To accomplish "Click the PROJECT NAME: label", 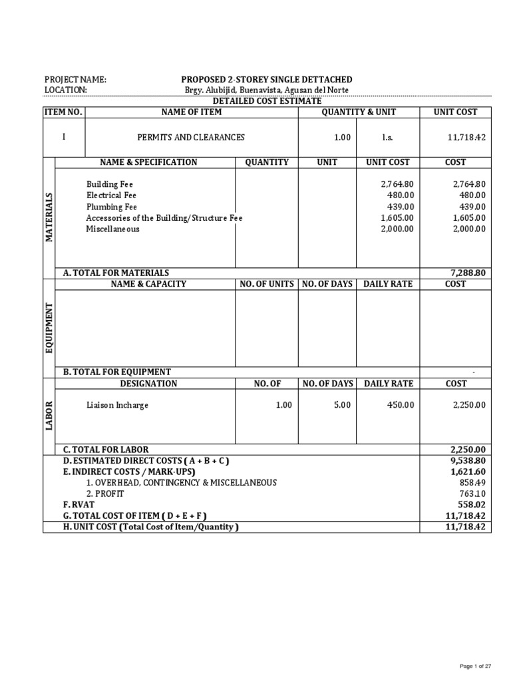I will [x=75, y=80].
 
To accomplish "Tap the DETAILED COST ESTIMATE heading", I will [x=266, y=101].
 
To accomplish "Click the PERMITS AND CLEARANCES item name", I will [x=191, y=138].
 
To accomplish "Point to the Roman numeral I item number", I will [x=64, y=137].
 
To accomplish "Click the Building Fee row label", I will [x=104, y=184].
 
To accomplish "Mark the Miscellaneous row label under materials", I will [x=113, y=229].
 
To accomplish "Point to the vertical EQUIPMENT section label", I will [x=49, y=328].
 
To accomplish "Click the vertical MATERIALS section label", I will [x=49, y=217].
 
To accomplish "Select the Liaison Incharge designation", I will [x=117, y=405].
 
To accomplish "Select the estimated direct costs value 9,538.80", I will [x=468, y=460].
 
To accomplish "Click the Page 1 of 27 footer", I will [x=475, y=666].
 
